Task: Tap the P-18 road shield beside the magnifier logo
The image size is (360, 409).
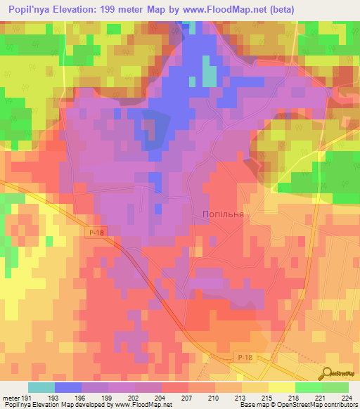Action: tap(243, 359)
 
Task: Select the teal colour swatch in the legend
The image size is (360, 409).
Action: tap(41, 387)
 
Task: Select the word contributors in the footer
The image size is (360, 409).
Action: tap(340, 405)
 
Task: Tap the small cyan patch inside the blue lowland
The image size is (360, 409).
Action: tap(210, 70)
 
